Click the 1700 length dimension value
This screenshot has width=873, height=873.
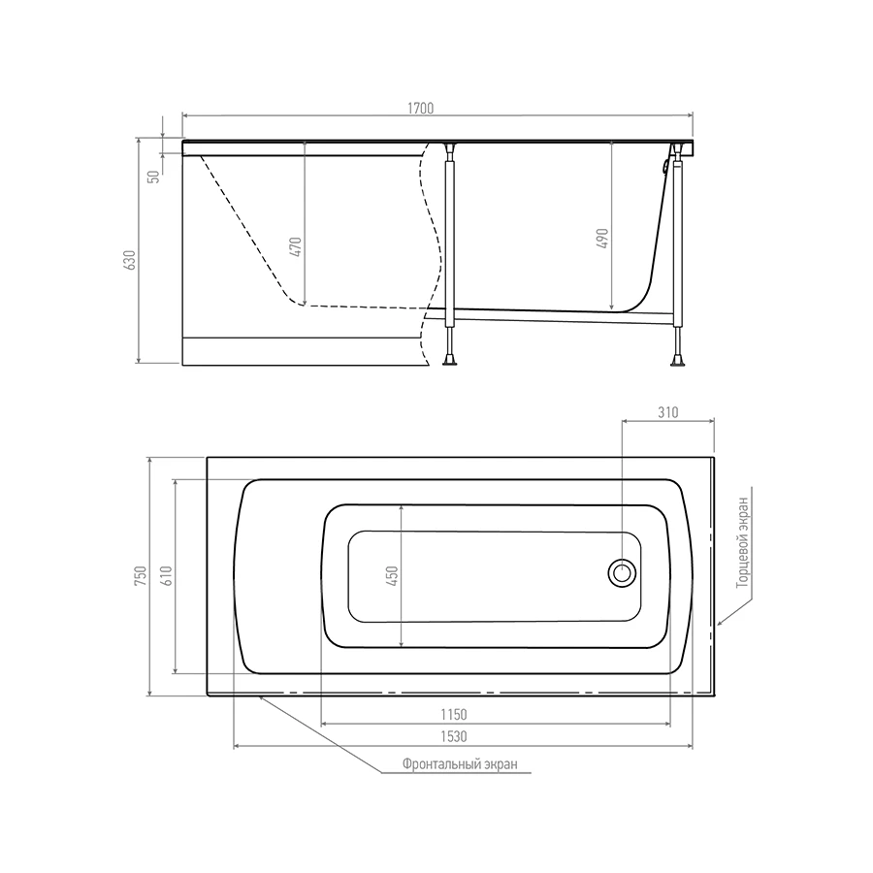click(x=420, y=108)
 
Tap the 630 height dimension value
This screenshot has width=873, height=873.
click(x=129, y=260)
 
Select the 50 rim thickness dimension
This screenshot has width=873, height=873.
click(x=154, y=177)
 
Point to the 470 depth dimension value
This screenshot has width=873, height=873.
click(x=296, y=246)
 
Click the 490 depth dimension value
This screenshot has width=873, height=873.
click(x=602, y=239)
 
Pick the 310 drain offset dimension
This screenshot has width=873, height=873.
click(x=667, y=412)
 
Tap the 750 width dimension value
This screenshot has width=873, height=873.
click(x=141, y=575)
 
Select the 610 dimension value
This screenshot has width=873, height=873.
click(x=167, y=575)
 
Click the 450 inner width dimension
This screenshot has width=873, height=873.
click(x=392, y=575)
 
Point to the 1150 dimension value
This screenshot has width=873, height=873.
click(x=454, y=714)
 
